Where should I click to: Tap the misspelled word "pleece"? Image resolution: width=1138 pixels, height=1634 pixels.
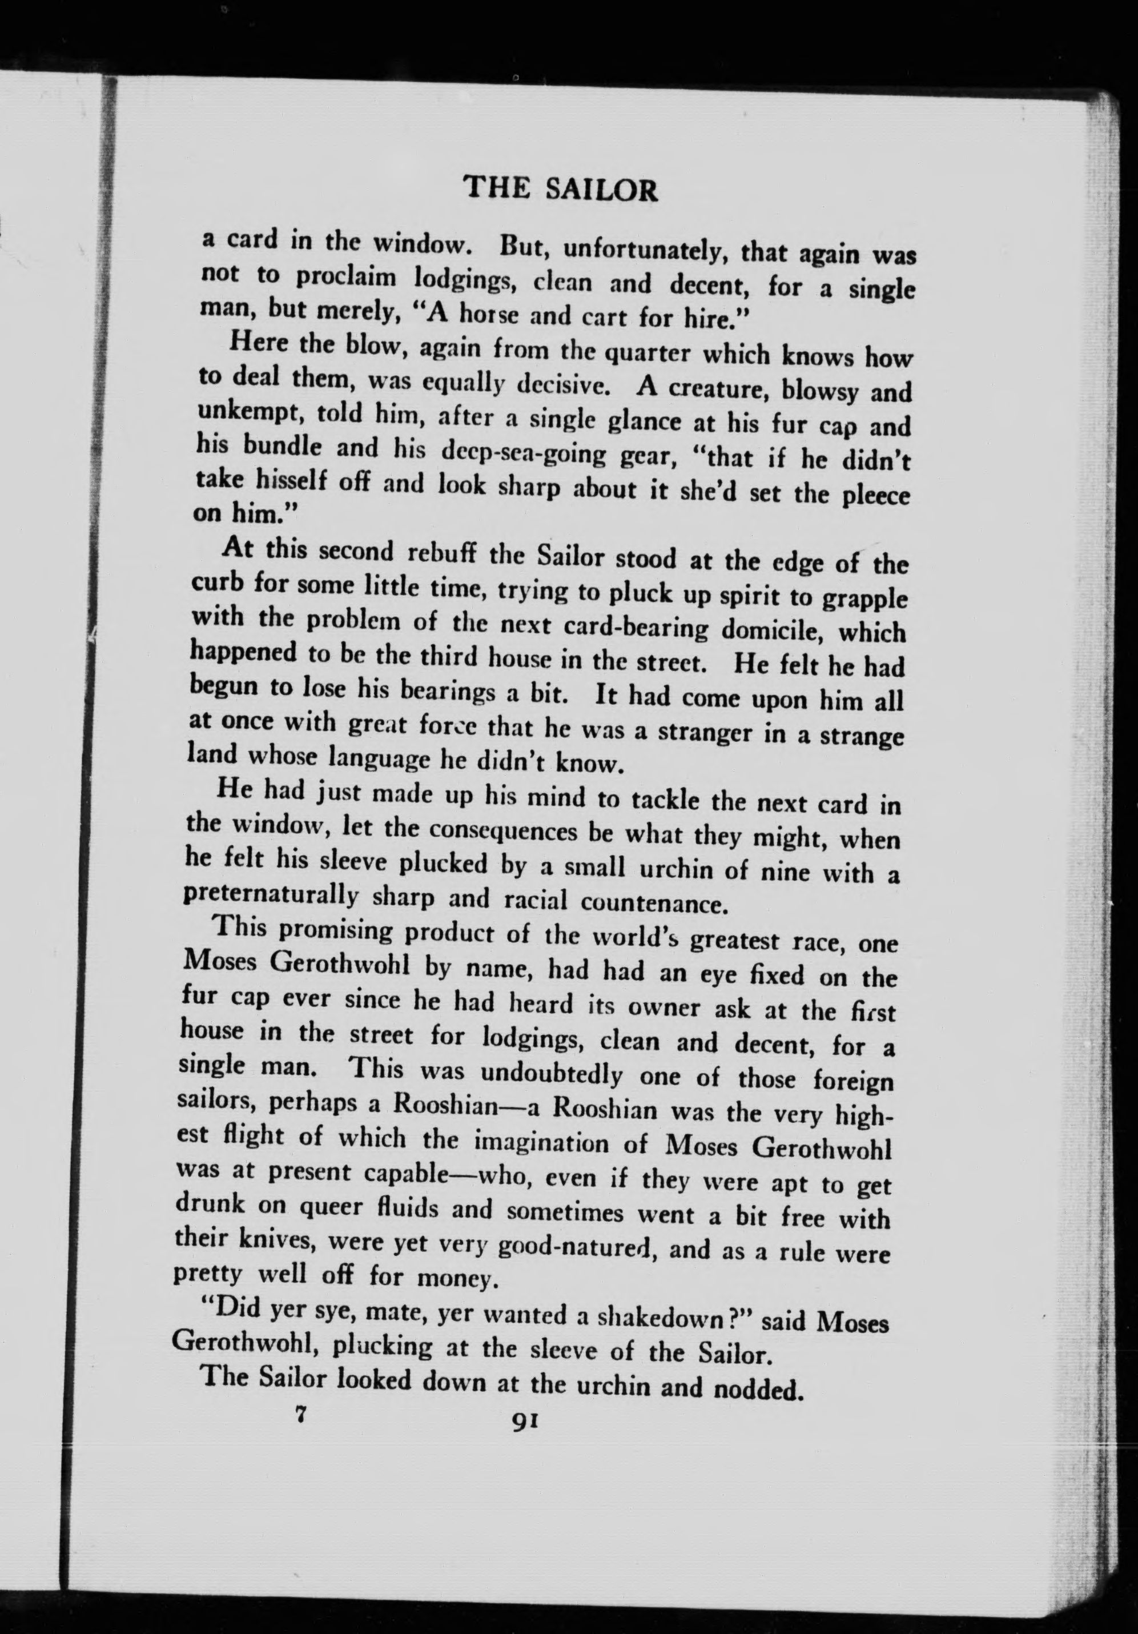pyautogui.click(x=875, y=497)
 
